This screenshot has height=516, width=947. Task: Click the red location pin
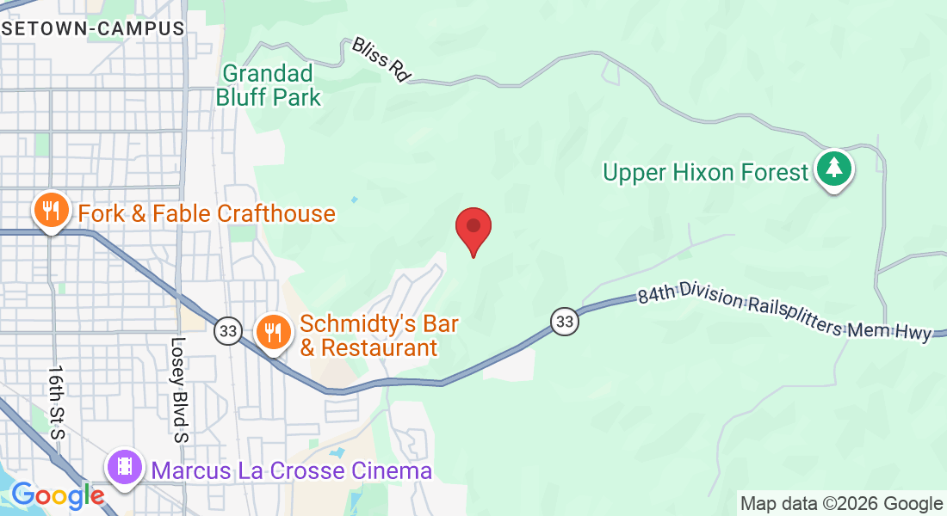tap(473, 228)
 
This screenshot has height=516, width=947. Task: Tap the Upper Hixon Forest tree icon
tap(833, 169)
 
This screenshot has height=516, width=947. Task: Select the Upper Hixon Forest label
tap(705, 173)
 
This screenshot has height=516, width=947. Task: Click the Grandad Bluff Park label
tap(269, 85)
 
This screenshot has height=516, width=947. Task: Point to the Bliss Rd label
tap(380, 59)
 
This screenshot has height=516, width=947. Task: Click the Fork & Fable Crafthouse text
tap(207, 213)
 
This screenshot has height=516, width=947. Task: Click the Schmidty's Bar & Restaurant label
tap(379, 336)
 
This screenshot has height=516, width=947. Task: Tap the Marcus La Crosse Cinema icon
tap(126, 467)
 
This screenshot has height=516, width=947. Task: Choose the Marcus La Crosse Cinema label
tap(292, 471)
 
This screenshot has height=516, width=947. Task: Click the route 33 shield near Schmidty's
tap(228, 330)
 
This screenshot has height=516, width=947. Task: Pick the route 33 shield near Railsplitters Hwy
tap(564, 322)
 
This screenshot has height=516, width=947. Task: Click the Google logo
tap(58, 495)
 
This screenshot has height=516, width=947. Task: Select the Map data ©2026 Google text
tap(842, 504)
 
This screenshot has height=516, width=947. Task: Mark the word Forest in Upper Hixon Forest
tap(768, 173)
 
